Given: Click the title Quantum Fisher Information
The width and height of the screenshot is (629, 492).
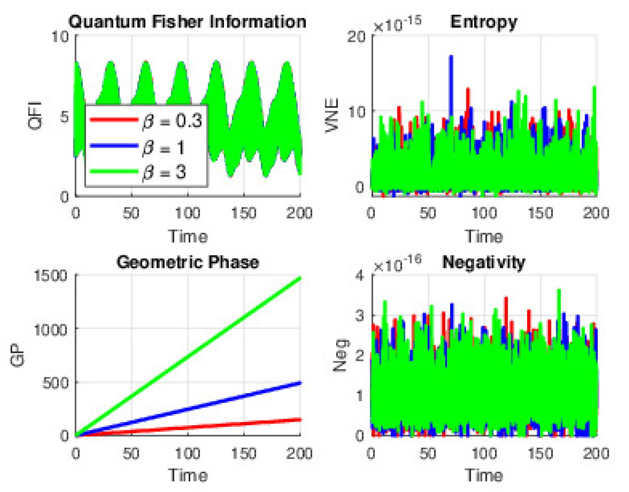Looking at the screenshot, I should pyautogui.click(x=187, y=22).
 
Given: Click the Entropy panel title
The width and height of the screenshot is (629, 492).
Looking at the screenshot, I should pyautogui.click(x=484, y=22).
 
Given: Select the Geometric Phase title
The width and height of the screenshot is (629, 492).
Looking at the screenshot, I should pyautogui.click(x=187, y=262).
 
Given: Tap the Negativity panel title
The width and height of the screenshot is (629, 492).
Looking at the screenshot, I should pyautogui.click(x=484, y=262).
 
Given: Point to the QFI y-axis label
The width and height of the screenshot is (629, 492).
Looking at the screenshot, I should pyautogui.click(x=36, y=116).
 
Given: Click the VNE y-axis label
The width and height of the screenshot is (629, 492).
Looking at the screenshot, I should pyautogui.click(x=332, y=115).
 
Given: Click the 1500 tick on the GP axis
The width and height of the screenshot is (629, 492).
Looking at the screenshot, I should pyautogui.click(x=51, y=276).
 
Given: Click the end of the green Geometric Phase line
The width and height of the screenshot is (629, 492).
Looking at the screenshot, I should pyautogui.click(x=300, y=278).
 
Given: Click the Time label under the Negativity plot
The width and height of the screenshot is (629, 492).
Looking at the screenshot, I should pyautogui.click(x=484, y=475).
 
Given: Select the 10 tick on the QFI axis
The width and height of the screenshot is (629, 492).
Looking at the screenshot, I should pyautogui.click(x=60, y=37).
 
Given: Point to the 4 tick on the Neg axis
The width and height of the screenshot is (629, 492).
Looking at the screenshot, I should pyautogui.click(x=359, y=276).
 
